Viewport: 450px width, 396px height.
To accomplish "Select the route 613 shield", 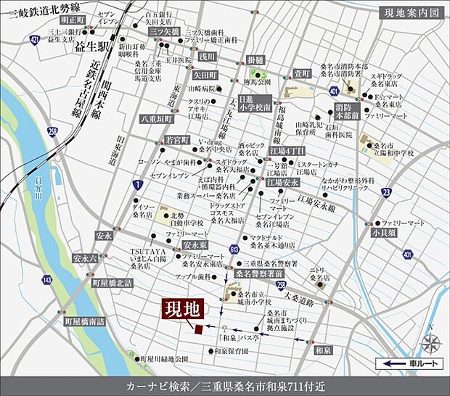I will pos(234,249).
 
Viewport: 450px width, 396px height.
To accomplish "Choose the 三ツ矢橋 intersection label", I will pos(164,33).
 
